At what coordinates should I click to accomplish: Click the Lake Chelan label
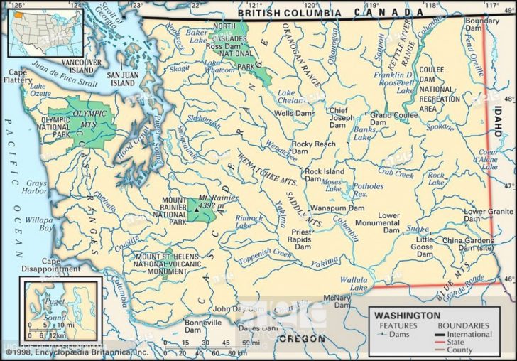(286, 96)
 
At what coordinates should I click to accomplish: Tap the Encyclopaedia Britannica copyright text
(77, 352)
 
